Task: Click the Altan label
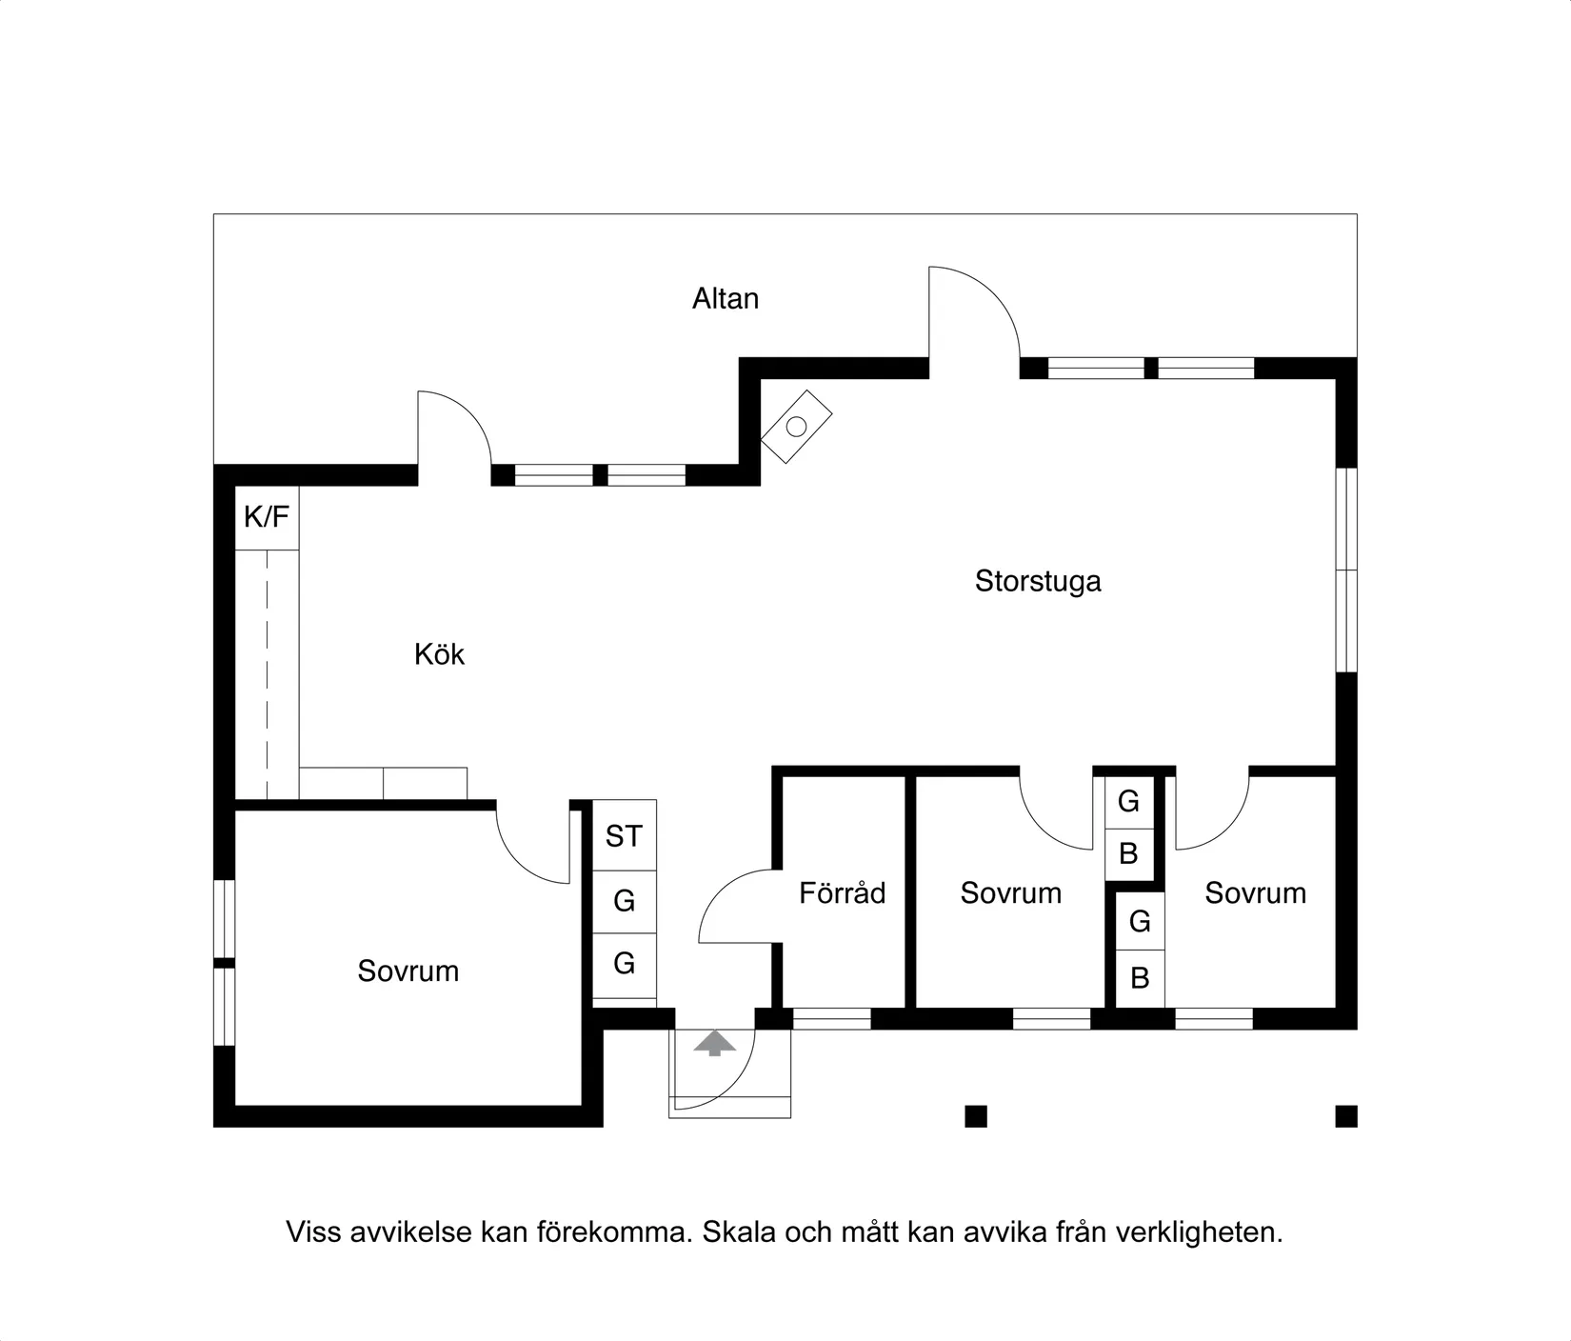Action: click(x=726, y=299)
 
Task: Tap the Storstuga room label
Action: click(x=1038, y=581)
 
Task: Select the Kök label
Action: click(x=439, y=654)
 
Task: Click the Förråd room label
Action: click(x=843, y=892)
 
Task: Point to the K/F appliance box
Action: click(x=267, y=517)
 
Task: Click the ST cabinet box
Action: click(x=625, y=836)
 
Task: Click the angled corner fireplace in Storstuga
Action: click(x=796, y=427)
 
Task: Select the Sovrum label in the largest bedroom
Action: click(x=408, y=971)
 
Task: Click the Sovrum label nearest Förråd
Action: click(x=1011, y=892)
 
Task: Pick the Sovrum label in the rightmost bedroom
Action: click(x=1256, y=892)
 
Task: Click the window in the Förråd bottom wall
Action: click(x=831, y=1019)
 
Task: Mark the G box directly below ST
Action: click(x=625, y=901)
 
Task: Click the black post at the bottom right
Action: click(x=1346, y=1116)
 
